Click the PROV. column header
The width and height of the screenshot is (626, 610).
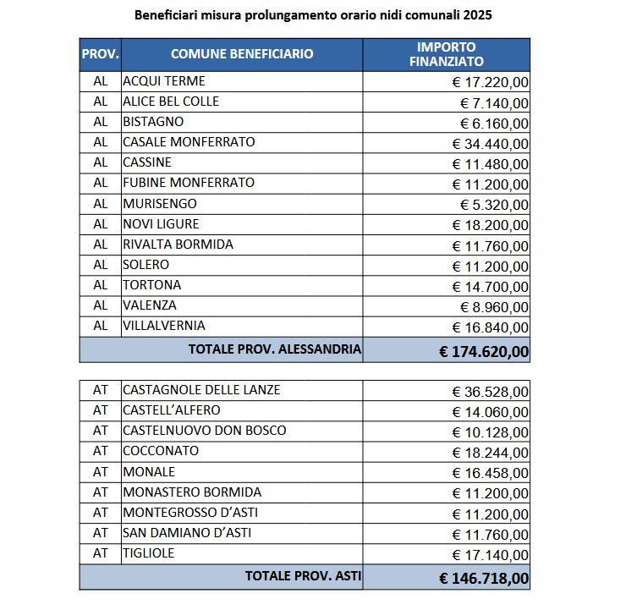(101, 54)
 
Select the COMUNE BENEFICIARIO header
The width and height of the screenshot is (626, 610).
(242, 54)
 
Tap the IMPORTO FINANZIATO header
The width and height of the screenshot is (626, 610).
(446, 54)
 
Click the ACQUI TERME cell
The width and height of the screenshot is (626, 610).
(164, 81)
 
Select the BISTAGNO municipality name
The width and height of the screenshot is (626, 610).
(153, 122)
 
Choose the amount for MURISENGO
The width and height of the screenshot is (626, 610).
(495, 205)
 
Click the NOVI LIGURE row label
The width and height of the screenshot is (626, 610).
(161, 224)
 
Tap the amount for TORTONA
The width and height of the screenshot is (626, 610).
(491, 286)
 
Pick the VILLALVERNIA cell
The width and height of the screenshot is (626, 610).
(164, 326)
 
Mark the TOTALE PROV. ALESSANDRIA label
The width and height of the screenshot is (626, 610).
(275, 349)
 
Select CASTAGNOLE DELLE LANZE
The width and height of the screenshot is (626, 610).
(201, 390)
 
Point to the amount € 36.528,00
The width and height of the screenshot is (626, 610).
(491, 392)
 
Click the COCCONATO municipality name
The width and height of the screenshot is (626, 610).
(161, 451)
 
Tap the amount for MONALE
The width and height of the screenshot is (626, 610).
(491, 473)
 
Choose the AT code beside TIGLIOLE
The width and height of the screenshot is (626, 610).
(101, 553)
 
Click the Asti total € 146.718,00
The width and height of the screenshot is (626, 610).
(485, 579)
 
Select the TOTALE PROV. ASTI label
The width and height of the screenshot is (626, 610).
(303, 576)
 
